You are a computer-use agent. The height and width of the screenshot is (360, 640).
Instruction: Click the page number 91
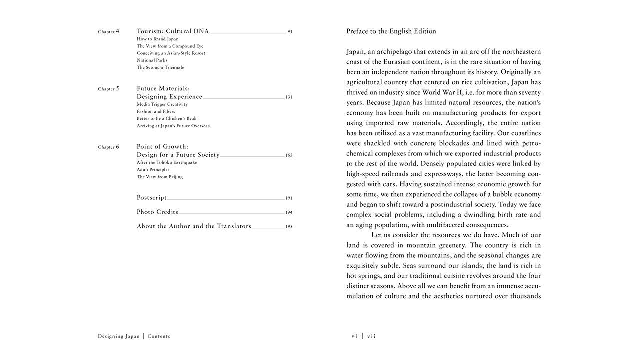coord(290,32)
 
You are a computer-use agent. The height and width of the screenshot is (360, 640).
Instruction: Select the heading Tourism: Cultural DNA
coord(173,31)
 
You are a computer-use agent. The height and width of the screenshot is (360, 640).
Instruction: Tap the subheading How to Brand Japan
coord(157,39)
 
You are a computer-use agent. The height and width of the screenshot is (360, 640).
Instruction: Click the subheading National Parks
coord(152,60)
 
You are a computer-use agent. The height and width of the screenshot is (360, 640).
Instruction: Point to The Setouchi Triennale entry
coord(160,67)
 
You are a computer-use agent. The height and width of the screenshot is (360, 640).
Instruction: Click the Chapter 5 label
coord(108,89)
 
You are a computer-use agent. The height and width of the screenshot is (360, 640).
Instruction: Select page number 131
coord(289,97)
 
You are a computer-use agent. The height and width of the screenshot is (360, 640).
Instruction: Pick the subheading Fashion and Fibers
coord(156,112)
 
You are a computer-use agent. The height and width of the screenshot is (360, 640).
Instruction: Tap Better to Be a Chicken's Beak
coord(167,119)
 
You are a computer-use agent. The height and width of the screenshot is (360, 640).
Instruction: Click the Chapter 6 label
coord(108,147)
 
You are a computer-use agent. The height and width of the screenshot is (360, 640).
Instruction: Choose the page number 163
coord(289,155)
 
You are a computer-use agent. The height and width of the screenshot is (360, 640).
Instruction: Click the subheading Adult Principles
coord(153,170)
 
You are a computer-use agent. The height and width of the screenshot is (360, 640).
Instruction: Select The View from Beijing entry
coord(160,177)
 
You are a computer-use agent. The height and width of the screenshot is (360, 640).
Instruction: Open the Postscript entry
coord(152,198)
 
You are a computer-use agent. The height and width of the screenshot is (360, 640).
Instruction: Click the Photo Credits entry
coord(157,212)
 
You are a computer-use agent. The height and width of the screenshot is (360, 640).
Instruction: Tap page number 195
coord(289,227)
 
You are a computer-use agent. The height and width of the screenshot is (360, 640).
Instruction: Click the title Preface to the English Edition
coord(391,31)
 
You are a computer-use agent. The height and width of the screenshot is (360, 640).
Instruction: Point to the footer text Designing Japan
coord(119,336)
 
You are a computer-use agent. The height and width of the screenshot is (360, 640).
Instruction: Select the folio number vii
coord(371,336)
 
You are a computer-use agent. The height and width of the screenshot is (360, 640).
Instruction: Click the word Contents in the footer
coord(159,336)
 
